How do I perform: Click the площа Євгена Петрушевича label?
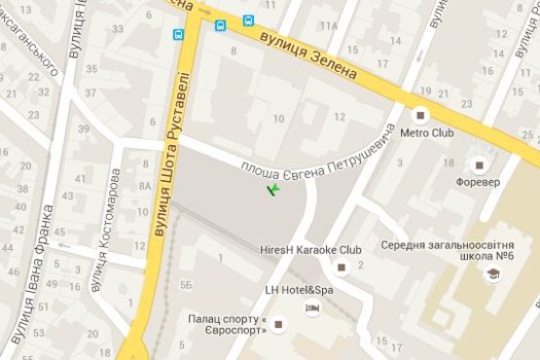click(318, 153)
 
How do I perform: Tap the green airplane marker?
click(275, 188)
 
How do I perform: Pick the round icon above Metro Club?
click(422, 111)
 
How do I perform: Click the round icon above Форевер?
click(478, 162)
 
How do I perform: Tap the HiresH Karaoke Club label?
click(311, 249)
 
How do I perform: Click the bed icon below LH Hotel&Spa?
click(312, 308)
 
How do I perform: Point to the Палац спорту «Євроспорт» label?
click(228, 324)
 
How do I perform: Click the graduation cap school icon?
click(491, 276)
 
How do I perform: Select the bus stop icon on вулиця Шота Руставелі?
click(179, 34)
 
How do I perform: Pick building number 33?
click(119, 28)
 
